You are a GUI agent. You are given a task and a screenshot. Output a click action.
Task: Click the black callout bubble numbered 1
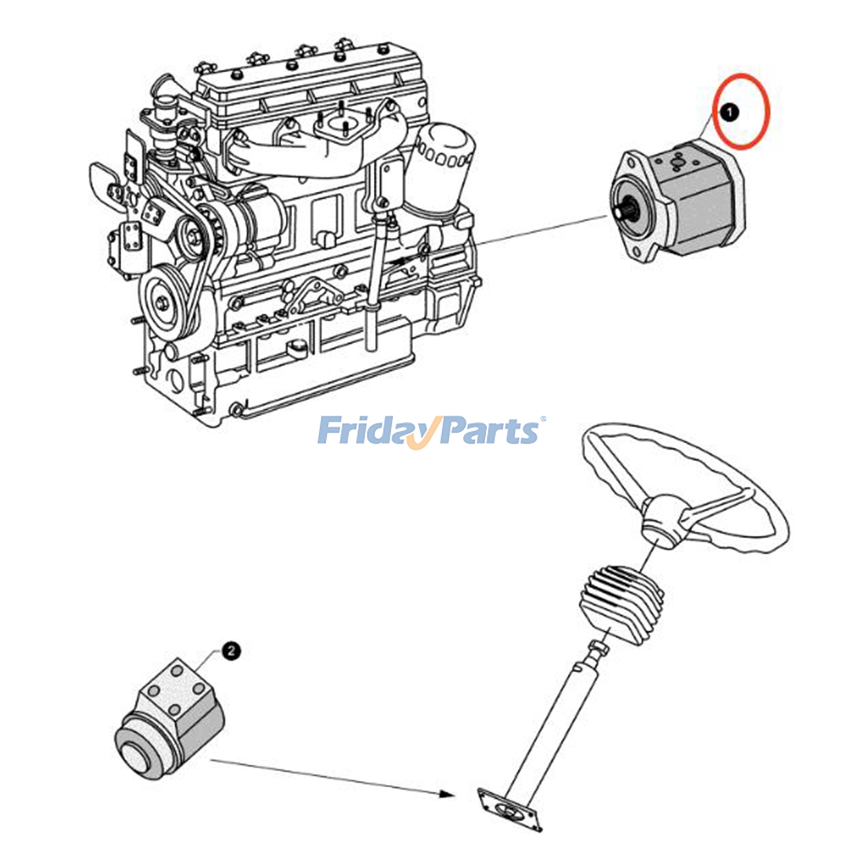point(730,113)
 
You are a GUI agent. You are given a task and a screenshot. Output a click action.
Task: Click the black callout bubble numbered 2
point(231,651)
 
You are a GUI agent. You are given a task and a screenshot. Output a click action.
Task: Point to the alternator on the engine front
point(243,216)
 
